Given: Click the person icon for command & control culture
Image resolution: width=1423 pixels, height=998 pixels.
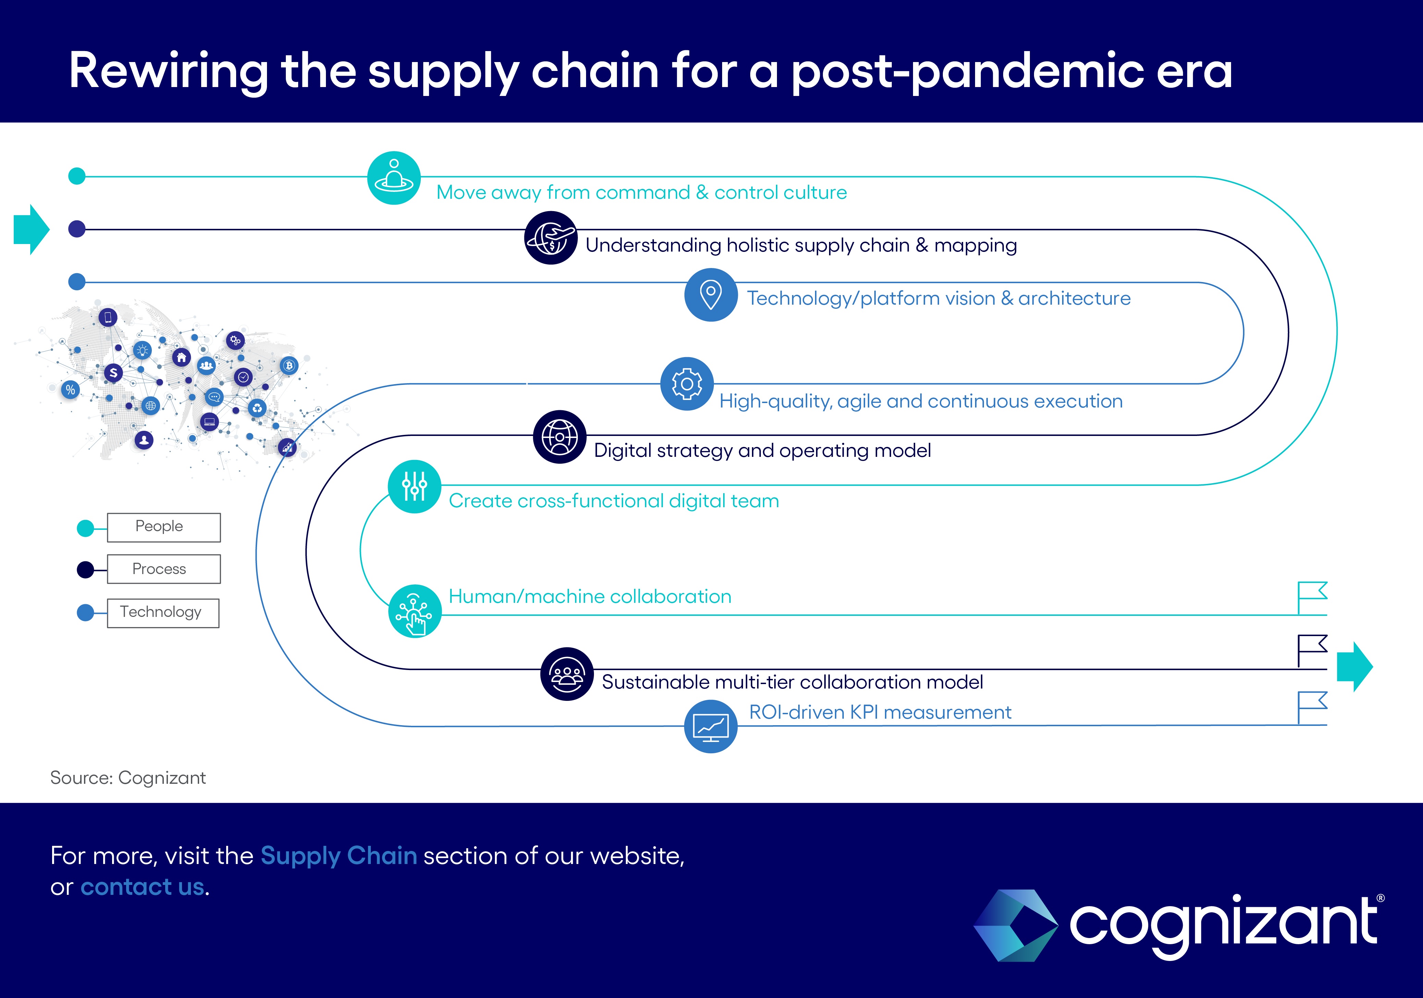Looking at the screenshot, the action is (394, 178).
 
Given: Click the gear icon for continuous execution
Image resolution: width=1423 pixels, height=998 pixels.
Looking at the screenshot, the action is (687, 384).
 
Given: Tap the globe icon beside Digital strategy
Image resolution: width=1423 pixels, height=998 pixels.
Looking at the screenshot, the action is (560, 437).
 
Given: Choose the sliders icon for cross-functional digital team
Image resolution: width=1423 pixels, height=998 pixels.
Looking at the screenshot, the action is (415, 487).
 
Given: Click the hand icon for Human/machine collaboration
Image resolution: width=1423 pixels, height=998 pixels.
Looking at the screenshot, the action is (415, 611).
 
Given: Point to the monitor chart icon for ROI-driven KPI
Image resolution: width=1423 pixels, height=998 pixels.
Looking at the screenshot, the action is (711, 727).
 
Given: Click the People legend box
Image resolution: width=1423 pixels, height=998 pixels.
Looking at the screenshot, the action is (163, 527).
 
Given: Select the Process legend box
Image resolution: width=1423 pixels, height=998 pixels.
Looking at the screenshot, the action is (163, 569).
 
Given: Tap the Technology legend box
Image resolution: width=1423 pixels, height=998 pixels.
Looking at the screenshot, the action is (163, 613).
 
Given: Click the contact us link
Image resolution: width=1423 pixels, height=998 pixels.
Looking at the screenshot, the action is (142, 887).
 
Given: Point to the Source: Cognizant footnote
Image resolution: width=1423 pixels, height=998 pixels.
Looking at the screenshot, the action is (128, 778).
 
